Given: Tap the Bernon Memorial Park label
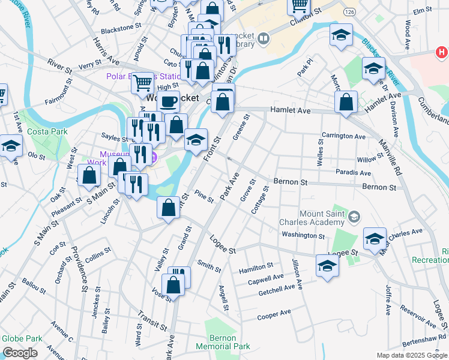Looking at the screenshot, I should (223, 342).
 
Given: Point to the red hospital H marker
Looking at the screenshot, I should (441, 53).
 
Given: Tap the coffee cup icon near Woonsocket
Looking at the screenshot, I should (168, 101).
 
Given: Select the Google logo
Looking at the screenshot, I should (20, 352).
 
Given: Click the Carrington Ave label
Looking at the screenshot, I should (344, 136).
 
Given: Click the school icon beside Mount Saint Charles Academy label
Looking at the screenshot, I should (354, 216).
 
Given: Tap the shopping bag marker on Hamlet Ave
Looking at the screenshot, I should (346, 103).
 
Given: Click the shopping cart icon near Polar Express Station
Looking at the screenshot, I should (142, 82).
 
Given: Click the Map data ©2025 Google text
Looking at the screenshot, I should (412, 355).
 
